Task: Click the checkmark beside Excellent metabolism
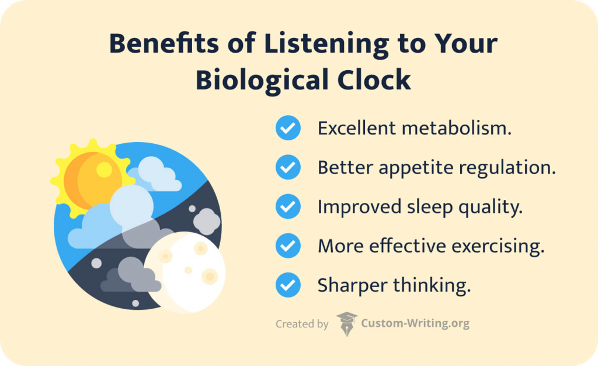288,128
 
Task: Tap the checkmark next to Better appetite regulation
288,168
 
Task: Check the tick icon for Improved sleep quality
288,207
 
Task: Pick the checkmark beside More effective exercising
288,246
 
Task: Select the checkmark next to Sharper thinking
288,285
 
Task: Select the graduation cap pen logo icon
346,323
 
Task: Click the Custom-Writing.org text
415,323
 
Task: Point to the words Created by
302,324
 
